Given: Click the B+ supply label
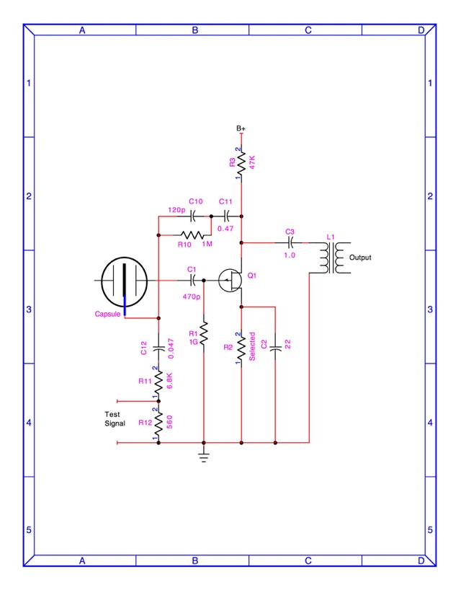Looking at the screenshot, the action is (x=241, y=128).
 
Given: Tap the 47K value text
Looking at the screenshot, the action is (x=251, y=162).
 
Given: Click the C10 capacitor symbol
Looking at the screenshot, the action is (x=192, y=216).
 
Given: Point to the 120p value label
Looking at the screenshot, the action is (x=176, y=210).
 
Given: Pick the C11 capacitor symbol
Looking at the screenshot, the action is (x=226, y=216).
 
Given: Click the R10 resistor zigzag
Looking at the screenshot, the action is (x=192, y=235).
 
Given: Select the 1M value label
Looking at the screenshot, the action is (x=207, y=244).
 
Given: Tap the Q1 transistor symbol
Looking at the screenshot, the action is (x=230, y=281).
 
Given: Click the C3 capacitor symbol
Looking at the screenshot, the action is (x=290, y=242).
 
